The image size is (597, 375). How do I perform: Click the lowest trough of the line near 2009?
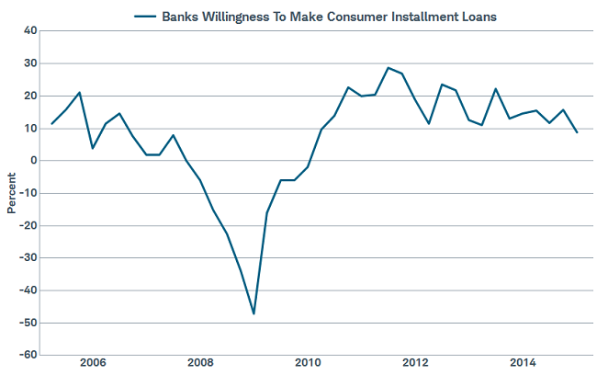click(x=253, y=314)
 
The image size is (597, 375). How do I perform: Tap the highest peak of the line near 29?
click(x=389, y=67)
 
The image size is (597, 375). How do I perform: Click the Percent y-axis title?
click(x=11, y=192)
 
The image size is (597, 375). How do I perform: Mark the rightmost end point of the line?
click(x=577, y=132)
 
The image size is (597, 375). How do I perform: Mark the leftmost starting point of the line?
click(x=51, y=124)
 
